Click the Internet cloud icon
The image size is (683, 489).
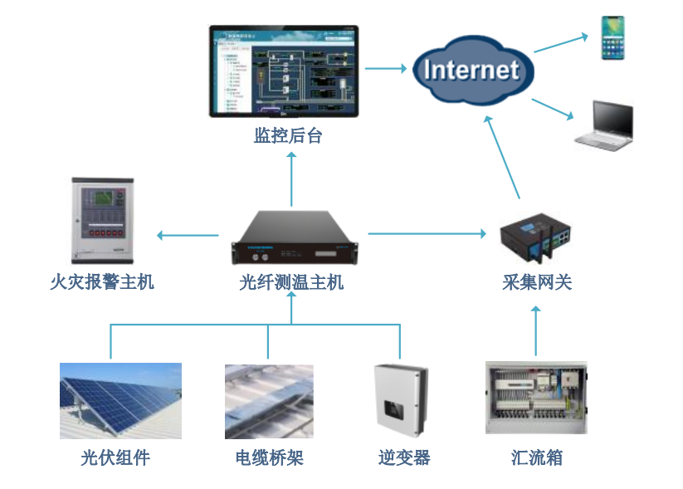pos(471,70)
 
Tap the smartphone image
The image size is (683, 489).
pos(613,37)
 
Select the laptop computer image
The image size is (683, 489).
pos(604,126)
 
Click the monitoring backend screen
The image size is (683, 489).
pos(284,71)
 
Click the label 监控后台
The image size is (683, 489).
pos(288,135)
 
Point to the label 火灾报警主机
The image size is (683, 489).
pos(102,282)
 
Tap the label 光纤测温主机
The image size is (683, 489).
pos(291,282)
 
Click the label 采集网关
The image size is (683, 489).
pos(537,282)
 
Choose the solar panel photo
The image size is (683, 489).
pos(120,400)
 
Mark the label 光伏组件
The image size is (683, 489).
pos(115,457)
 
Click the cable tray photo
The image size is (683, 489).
pos(269,401)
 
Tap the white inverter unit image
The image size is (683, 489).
pos(402,400)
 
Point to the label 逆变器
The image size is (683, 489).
pos(404,457)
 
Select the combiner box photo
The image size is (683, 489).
pos(536,398)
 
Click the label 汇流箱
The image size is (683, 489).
pos(537,457)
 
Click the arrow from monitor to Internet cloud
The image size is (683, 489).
pos(385,69)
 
